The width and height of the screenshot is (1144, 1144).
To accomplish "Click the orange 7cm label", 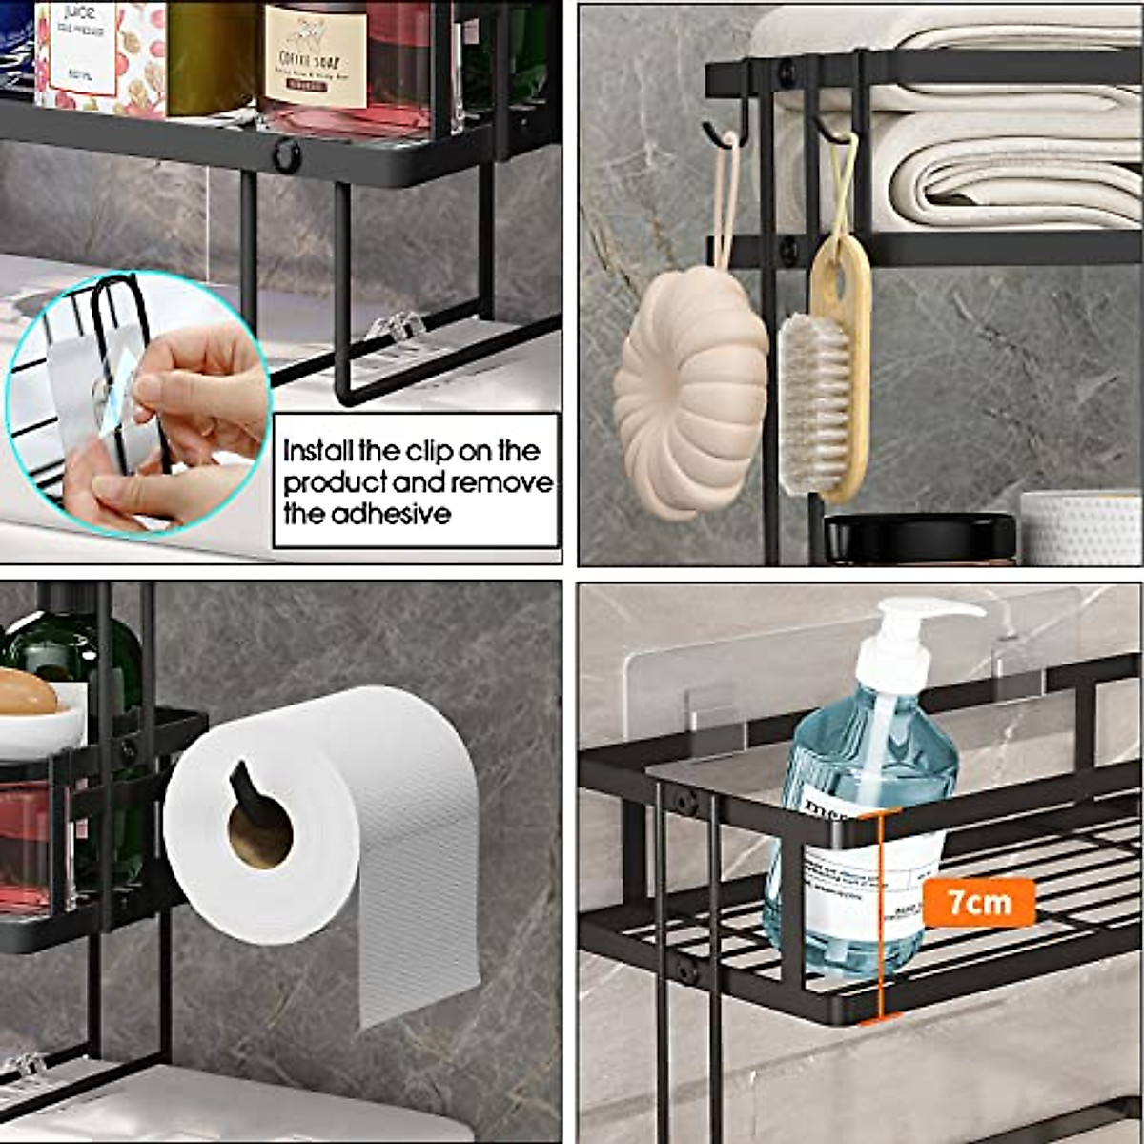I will coord(978,900).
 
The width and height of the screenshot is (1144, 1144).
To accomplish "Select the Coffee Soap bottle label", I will coord(315,57).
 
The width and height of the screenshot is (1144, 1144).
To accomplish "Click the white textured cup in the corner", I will coord(1082,529).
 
